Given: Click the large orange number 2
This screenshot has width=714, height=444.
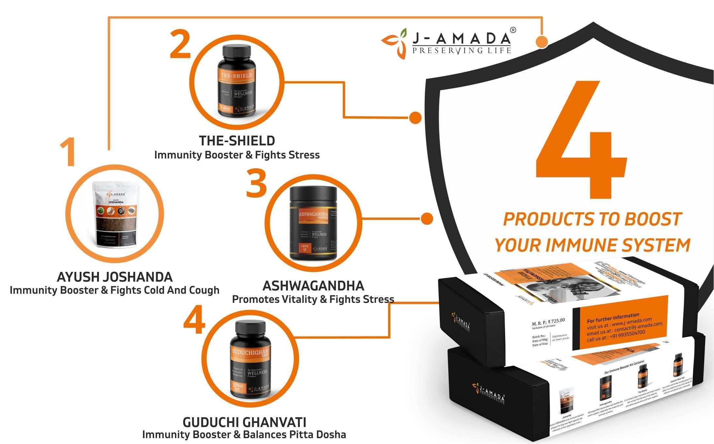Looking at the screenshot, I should point(180,44).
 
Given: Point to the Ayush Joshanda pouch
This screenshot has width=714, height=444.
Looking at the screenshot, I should point(114,214).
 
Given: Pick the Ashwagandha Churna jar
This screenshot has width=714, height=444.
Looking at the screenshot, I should point(313,223).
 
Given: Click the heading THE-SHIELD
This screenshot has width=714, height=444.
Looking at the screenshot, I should point(237,141).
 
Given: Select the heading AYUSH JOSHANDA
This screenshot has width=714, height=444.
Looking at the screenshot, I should point(115,277).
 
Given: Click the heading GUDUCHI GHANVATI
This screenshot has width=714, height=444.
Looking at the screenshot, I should point(244,422).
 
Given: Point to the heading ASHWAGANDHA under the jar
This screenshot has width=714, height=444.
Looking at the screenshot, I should point(313,286).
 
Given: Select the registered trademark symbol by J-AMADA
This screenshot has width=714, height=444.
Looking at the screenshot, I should point(513,30).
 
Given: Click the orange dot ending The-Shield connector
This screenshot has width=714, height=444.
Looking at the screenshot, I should point(415,118).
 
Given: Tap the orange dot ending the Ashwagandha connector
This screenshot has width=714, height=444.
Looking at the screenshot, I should point(427,219).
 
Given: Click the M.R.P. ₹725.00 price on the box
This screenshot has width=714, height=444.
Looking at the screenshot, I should point(548,321).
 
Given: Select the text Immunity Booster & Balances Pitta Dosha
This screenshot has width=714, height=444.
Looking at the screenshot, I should point(244,435).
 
